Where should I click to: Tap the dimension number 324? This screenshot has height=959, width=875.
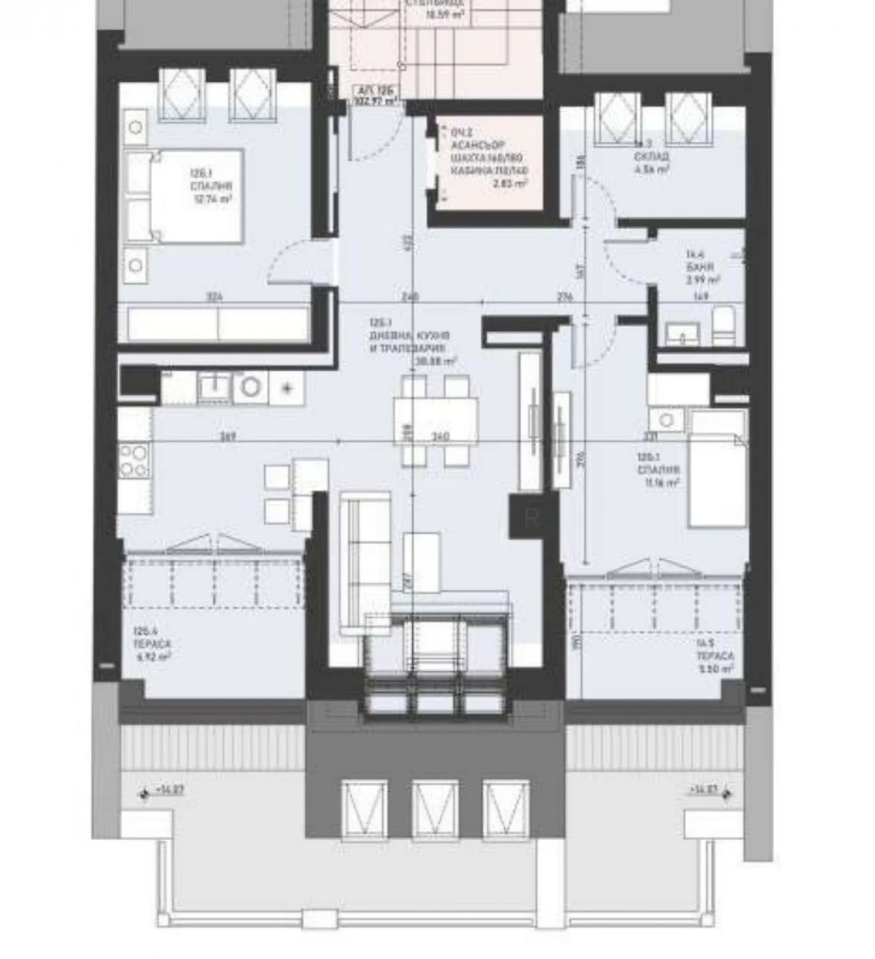214,298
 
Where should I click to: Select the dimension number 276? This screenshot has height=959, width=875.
564,298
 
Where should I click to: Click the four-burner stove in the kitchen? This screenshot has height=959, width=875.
133,460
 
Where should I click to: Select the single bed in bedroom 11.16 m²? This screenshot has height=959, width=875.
717,469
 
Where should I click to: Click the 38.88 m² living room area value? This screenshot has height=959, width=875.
436,361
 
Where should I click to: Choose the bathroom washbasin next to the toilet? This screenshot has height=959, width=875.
682,332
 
